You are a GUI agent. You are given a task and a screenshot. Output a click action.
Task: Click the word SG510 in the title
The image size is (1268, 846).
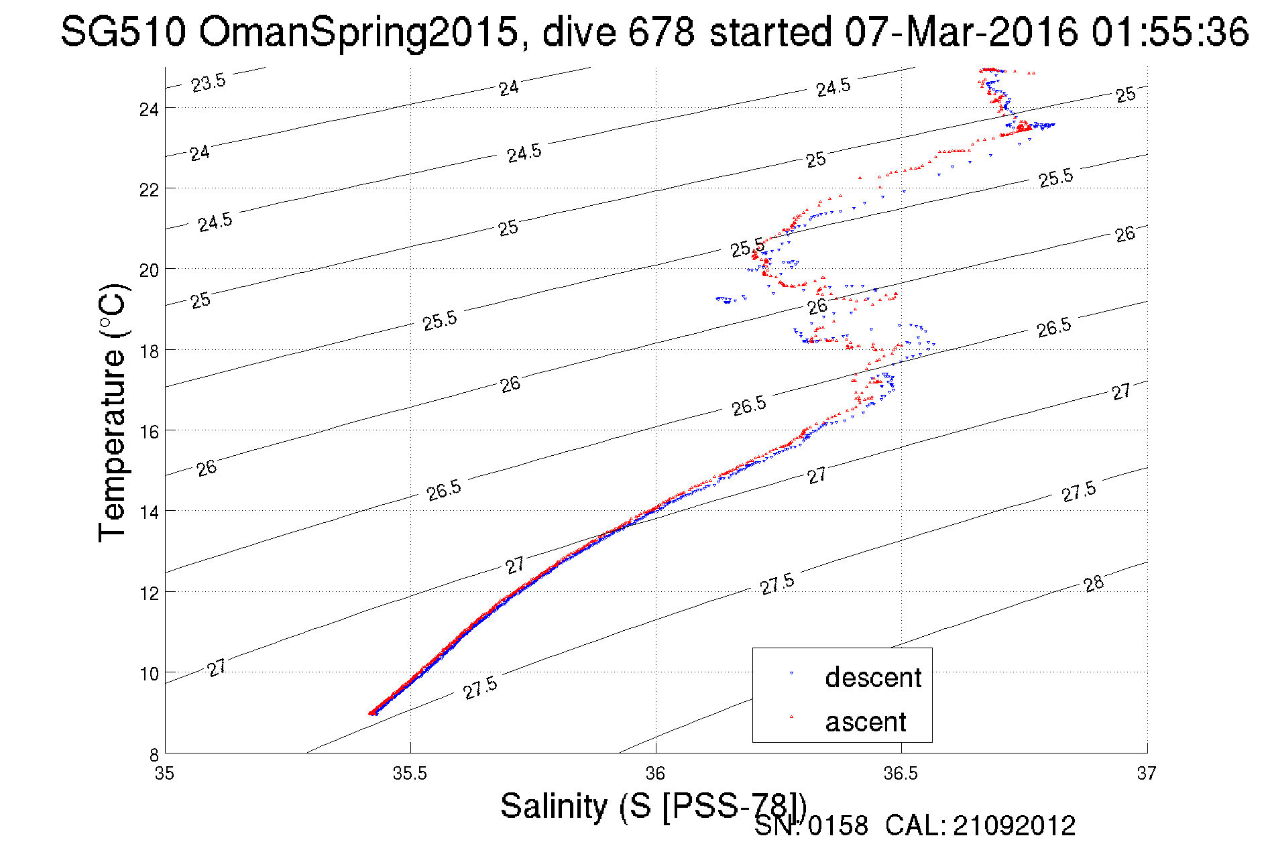tap(123, 32)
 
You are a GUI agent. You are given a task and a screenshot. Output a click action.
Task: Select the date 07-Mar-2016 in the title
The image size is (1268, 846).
tap(961, 32)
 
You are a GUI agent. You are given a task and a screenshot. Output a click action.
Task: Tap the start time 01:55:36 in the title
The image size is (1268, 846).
tap(1169, 32)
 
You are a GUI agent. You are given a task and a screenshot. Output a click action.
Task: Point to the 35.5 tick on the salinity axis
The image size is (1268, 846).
tap(410, 774)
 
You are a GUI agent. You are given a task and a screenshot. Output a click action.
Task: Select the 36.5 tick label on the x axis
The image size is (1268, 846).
tap(901, 774)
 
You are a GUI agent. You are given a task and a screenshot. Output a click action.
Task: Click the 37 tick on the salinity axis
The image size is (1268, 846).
tap(1146, 774)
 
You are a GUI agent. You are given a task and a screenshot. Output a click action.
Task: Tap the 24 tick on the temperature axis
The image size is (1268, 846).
tap(149, 109)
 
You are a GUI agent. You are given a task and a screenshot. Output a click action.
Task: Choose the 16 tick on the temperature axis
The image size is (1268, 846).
tap(149, 431)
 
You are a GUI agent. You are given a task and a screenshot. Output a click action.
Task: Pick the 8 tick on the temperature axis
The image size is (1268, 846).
tap(154, 754)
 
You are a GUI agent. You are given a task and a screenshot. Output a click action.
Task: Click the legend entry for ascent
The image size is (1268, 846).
tap(865, 722)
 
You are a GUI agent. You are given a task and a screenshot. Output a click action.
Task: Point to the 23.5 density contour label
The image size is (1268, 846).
tap(209, 83)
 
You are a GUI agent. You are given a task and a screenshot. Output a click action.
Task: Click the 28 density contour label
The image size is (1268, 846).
tap(1094, 583)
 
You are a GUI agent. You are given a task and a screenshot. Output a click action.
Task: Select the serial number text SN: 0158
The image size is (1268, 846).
tap(811, 826)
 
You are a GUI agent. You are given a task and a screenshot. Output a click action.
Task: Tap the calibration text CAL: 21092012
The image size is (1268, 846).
tap(980, 826)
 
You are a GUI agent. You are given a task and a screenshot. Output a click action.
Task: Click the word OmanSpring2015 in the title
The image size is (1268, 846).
tap(358, 32)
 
